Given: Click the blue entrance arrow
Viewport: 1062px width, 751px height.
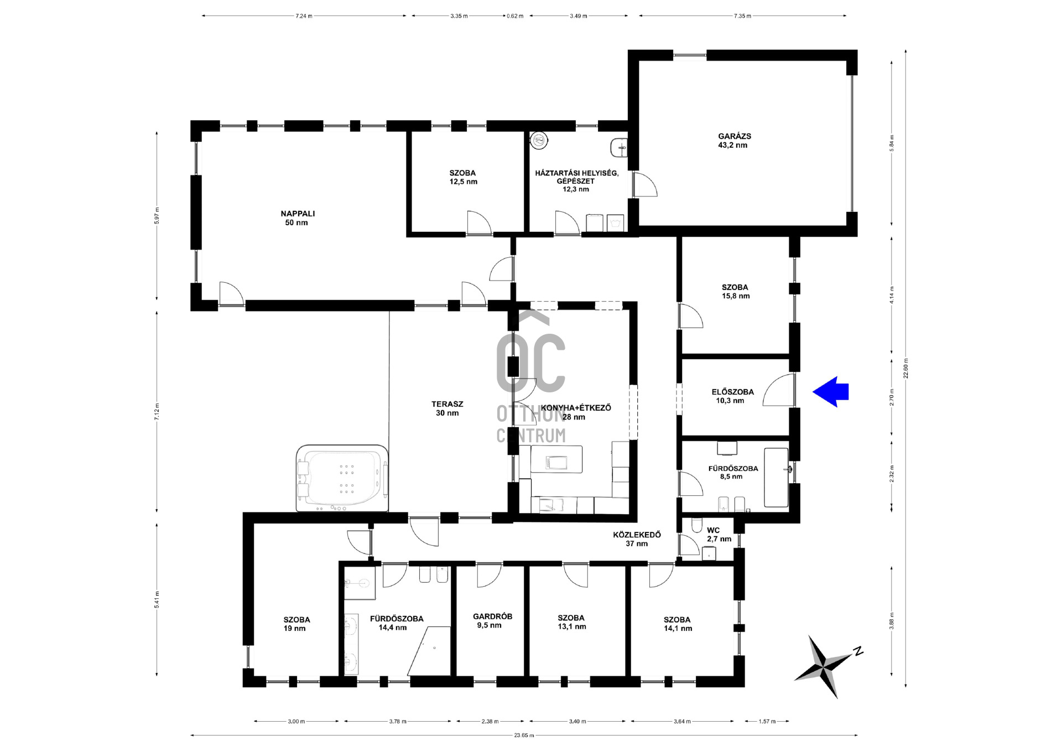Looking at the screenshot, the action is click(x=830, y=392).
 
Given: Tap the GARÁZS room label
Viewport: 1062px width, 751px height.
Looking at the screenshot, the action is click(x=734, y=141).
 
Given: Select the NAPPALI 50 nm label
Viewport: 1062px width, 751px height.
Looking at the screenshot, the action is click(x=298, y=218).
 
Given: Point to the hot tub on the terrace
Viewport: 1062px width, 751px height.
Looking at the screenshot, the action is click(x=342, y=478).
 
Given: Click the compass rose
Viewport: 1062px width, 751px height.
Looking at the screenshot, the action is click(x=825, y=666).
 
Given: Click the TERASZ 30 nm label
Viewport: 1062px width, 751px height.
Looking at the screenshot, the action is click(x=447, y=408).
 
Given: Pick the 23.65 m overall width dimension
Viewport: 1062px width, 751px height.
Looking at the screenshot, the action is click(x=524, y=736).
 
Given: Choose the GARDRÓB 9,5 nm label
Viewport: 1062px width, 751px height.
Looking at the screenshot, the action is click(x=492, y=621).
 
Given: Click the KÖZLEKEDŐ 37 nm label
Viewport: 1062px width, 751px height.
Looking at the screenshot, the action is click(x=637, y=539).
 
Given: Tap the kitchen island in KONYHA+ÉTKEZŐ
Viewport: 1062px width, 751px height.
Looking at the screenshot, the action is click(x=556, y=459).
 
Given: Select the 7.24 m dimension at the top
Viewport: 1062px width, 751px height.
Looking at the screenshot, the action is click(x=304, y=16).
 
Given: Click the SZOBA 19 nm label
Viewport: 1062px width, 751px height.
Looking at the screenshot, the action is click(x=296, y=624).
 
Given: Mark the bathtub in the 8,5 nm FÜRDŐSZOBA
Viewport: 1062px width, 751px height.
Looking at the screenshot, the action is click(x=776, y=478).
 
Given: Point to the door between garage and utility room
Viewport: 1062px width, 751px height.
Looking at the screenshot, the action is click(x=644, y=185).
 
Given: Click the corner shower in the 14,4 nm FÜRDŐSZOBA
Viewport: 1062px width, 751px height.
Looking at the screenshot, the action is click(x=430, y=651).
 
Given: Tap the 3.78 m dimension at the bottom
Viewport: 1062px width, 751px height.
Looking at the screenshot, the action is click(x=398, y=721).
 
